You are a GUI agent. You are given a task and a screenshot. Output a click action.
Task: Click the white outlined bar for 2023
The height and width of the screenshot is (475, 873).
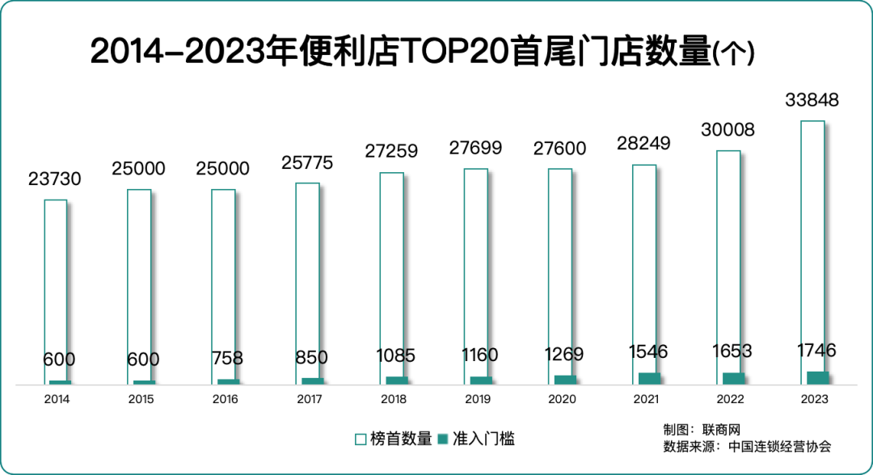click(x=812, y=242)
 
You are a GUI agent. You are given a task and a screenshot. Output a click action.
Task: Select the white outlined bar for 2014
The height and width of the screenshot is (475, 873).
click(x=55, y=283)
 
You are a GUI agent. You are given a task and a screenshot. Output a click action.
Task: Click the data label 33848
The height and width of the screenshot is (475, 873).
click(x=812, y=101)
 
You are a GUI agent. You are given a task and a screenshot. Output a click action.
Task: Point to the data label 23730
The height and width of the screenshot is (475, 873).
click(x=55, y=179)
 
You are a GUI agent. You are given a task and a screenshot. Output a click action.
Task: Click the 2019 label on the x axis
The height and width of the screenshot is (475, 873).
click(x=477, y=399)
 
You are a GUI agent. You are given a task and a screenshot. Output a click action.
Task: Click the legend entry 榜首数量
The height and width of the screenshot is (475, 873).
click(x=401, y=439)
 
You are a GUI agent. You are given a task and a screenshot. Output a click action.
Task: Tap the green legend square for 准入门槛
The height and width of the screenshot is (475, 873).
click(x=443, y=439)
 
